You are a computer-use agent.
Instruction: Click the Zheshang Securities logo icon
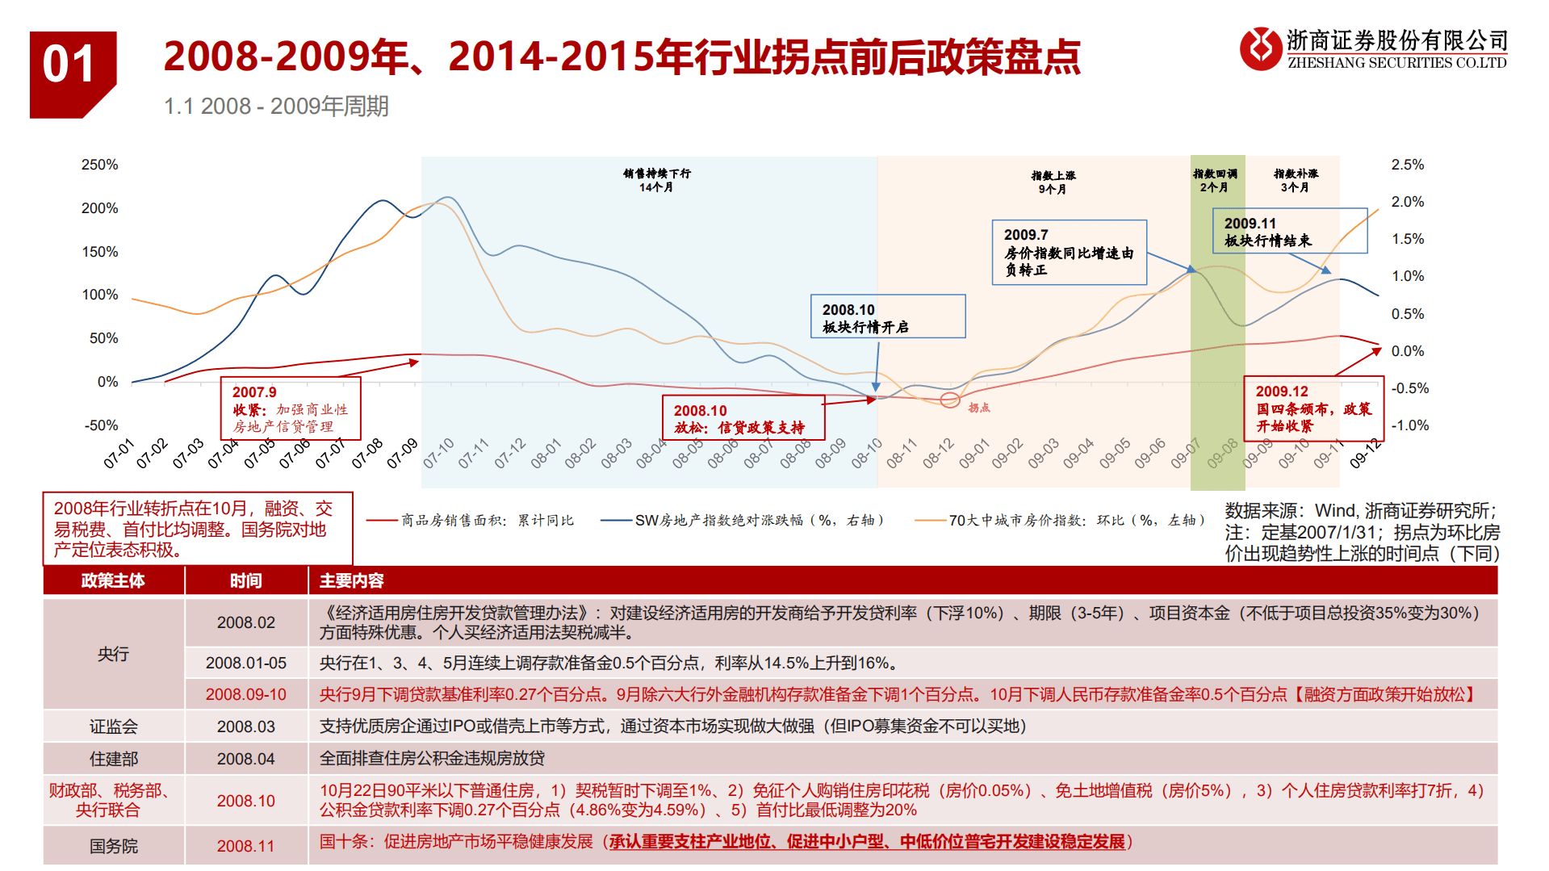click(1260, 48)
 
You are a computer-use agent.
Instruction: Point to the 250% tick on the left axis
click(99, 165)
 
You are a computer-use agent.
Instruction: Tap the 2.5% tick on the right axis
click(1407, 165)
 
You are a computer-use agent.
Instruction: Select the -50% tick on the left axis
click(101, 425)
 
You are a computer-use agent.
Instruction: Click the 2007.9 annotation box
click(291, 409)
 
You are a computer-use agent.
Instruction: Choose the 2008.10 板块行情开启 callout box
click(887, 316)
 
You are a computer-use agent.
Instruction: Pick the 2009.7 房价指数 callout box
click(1069, 252)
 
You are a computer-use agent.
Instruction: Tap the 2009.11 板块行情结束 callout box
click(1289, 231)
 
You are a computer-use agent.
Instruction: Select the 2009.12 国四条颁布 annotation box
click(1313, 408)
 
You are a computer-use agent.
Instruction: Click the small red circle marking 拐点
click(950, 400)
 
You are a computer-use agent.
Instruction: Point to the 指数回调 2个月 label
click(1215, 180)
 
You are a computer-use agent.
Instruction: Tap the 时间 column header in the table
click(245, 581)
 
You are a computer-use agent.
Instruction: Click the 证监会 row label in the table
click(113, 727)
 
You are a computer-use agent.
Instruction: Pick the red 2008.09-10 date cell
click(245, 694)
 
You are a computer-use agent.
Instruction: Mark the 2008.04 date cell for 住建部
click(245, 759)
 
